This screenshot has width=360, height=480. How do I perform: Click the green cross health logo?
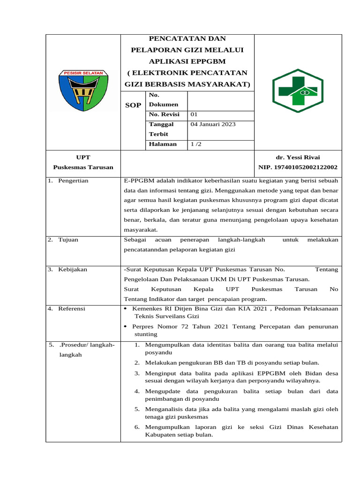[x=297, y=90]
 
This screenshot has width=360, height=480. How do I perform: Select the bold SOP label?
[x=133, y=105]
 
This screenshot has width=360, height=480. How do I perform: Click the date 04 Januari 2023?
[x=213, y=124]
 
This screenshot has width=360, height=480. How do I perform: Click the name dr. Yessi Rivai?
[x=298, y=157]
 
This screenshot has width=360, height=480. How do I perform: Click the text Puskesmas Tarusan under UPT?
[x=83, y=167]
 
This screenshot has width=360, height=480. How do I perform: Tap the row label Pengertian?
[x=73, y=180]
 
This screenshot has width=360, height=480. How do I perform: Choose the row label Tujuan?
[x=68, y=240]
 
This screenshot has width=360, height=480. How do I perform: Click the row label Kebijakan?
[x=73, y=269]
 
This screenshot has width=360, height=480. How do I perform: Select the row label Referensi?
[x=72, y=308]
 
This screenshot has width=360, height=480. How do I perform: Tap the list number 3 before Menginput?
[x=137, y=373]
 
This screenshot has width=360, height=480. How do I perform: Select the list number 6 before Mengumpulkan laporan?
[x=137, y=427]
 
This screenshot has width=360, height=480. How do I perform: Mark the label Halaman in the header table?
[x=163, y=144]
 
